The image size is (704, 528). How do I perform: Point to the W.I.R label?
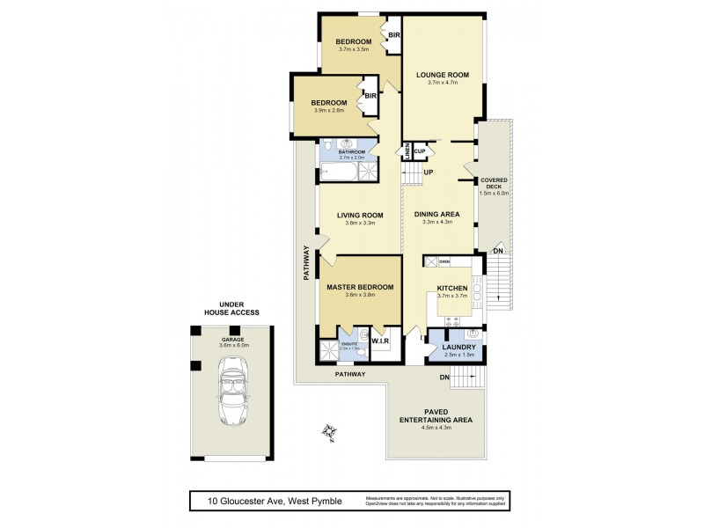click(381, 341)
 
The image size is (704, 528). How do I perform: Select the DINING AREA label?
click(438, 213)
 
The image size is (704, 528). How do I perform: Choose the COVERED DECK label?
click(493, 183)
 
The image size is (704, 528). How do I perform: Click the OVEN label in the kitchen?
click(444, 261)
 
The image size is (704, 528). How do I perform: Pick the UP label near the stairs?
click(428, 172)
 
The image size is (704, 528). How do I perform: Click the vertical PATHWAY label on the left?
click(306, 262)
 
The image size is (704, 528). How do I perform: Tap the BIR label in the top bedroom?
click(394, 35)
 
